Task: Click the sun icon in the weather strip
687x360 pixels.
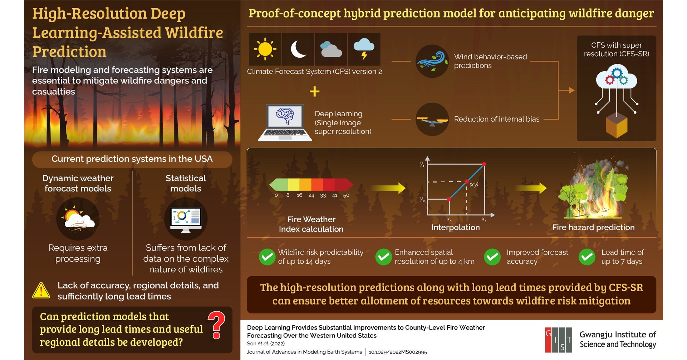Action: (265, 49)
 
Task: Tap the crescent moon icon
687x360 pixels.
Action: (298, 49)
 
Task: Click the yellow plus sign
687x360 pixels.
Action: (314, 92)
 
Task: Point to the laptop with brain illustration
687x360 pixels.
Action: (285, 122)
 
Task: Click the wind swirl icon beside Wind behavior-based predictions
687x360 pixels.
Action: (432, 61)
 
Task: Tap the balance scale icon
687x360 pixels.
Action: (432, 120)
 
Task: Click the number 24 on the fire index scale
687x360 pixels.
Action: (311, 195)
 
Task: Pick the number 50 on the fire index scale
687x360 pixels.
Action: (346, 195)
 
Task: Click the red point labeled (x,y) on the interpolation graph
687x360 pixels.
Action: (466, 182)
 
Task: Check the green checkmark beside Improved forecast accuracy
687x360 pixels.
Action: (492, 257)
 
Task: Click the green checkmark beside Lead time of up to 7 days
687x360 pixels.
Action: (587, 257)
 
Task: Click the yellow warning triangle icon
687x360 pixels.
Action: (41, 291)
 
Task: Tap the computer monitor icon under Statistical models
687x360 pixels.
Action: (186, 219)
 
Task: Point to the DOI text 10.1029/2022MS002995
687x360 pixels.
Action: (398, 352)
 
